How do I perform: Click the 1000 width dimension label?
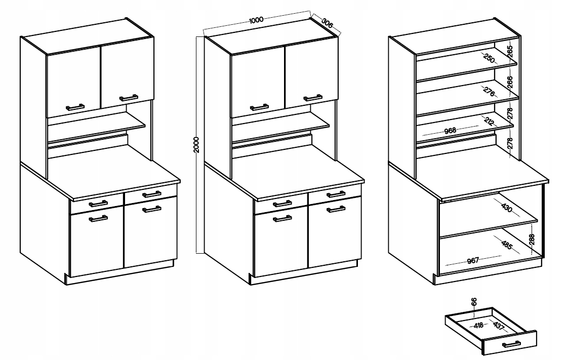(256, 20)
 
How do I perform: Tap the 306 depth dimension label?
(327, 23)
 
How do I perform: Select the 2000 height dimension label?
(196, 144)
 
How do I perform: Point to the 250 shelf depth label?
(489, 58)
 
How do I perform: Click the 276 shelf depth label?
(489, 92)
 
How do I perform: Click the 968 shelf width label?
(450, 131)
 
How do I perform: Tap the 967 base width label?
(472, 260)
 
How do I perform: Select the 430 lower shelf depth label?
(507, 208)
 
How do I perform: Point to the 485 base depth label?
(507, 245)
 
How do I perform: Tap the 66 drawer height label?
(474, 301)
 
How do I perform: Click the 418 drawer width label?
(478, 326)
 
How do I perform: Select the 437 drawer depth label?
(498, 326)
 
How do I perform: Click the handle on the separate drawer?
(511, 344)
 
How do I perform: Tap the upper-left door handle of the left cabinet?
(75, 107)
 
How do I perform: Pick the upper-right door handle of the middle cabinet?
(313, 98)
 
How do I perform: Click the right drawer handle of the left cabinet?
(151, 194)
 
